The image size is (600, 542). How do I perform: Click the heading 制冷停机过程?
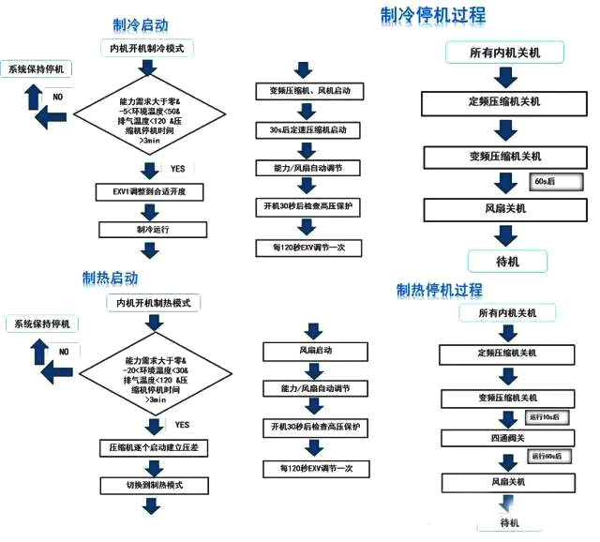(433, 15)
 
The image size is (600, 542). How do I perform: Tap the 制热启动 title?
(110, 279)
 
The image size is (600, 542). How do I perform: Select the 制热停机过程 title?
(440, 290)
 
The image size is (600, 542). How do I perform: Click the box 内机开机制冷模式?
(148, 47)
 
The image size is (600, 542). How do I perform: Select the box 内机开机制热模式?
(154, 303)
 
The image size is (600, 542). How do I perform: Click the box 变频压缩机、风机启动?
(308, 92)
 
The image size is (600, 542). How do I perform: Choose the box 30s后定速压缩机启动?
(308, 129)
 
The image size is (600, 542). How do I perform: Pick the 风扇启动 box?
(309, 351)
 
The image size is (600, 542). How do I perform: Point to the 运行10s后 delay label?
(545, 416)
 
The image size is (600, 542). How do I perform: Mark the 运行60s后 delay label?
(545, 457)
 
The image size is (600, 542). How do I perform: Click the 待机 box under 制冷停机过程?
(505, 262)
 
